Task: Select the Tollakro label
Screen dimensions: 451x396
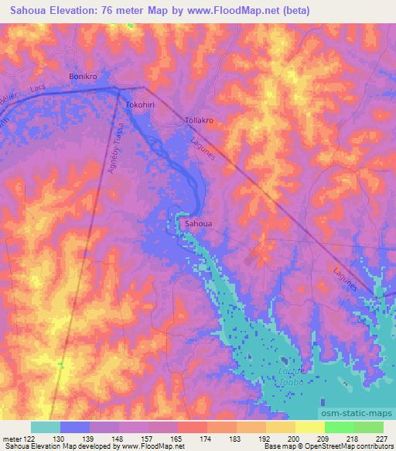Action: pyautogui.click(x=199, y=121)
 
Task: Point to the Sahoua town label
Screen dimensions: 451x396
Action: pyautogui.click(x=199, y=224)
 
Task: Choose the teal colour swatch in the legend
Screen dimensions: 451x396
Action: pyautogui.click(x=46, y=427)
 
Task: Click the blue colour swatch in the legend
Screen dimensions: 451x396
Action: pyautogui.click(x=75, y=427)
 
